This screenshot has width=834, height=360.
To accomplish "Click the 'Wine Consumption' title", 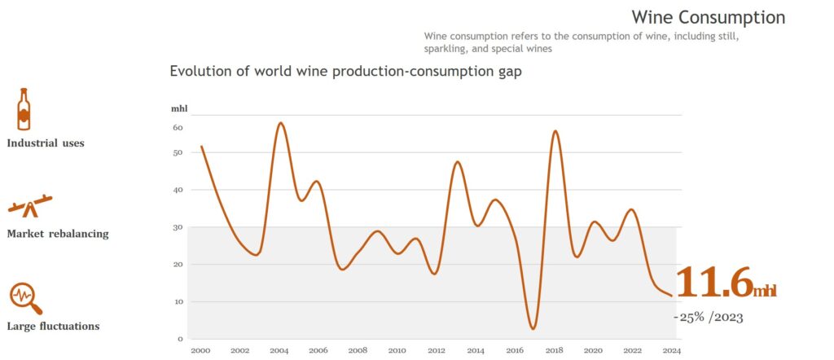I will [x=708, y=17].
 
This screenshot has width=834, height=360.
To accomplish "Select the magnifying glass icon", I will [x=25, y=299].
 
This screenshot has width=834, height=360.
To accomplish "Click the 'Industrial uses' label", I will [x=46, y=143].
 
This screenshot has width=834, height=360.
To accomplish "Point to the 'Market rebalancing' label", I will [x=57, y=234].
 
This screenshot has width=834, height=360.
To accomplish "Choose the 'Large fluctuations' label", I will [x=53, y=327].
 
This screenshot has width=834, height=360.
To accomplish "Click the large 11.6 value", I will [x=713, y=283].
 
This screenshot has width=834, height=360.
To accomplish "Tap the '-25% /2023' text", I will [x=708, y=317].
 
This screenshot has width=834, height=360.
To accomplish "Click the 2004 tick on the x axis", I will [x=279, y=350].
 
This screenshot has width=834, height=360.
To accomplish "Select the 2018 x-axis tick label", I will [x=554, y=350].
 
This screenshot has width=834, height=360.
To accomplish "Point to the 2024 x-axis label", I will [x=671, y=350].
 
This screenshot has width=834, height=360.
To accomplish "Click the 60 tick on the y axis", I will [x=178, y=128].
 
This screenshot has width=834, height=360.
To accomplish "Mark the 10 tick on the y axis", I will [x=178, y=301].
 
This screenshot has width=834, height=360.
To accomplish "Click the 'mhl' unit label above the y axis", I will [x=178, y=108].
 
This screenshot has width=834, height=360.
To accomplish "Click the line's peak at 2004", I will [x=280, y=123].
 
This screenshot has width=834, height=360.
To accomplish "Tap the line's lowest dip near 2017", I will [x=533, y=329].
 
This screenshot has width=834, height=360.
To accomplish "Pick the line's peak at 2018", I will [x=555, y=131].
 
